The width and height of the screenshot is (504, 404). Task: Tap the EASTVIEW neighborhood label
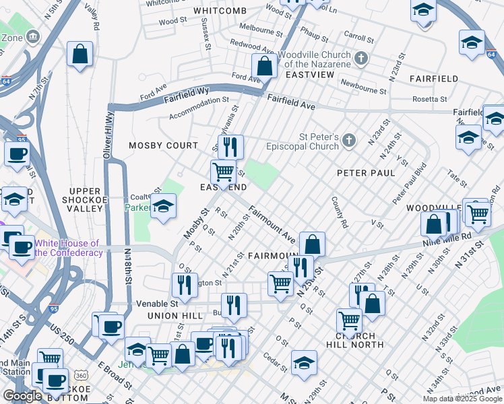[309, 74]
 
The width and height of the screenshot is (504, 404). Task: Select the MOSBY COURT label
[164, 145]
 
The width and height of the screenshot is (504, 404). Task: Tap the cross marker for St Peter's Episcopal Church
[348, 140]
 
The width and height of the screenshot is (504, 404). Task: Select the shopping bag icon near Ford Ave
[264, 67]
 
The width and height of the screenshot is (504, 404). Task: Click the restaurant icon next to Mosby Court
[230, 146]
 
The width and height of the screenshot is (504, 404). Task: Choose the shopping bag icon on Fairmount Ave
[312, 244]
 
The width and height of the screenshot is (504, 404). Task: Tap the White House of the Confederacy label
[67, 248]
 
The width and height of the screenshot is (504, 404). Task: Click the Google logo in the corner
[22, 396]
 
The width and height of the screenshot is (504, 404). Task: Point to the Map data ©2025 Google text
[462, 399]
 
